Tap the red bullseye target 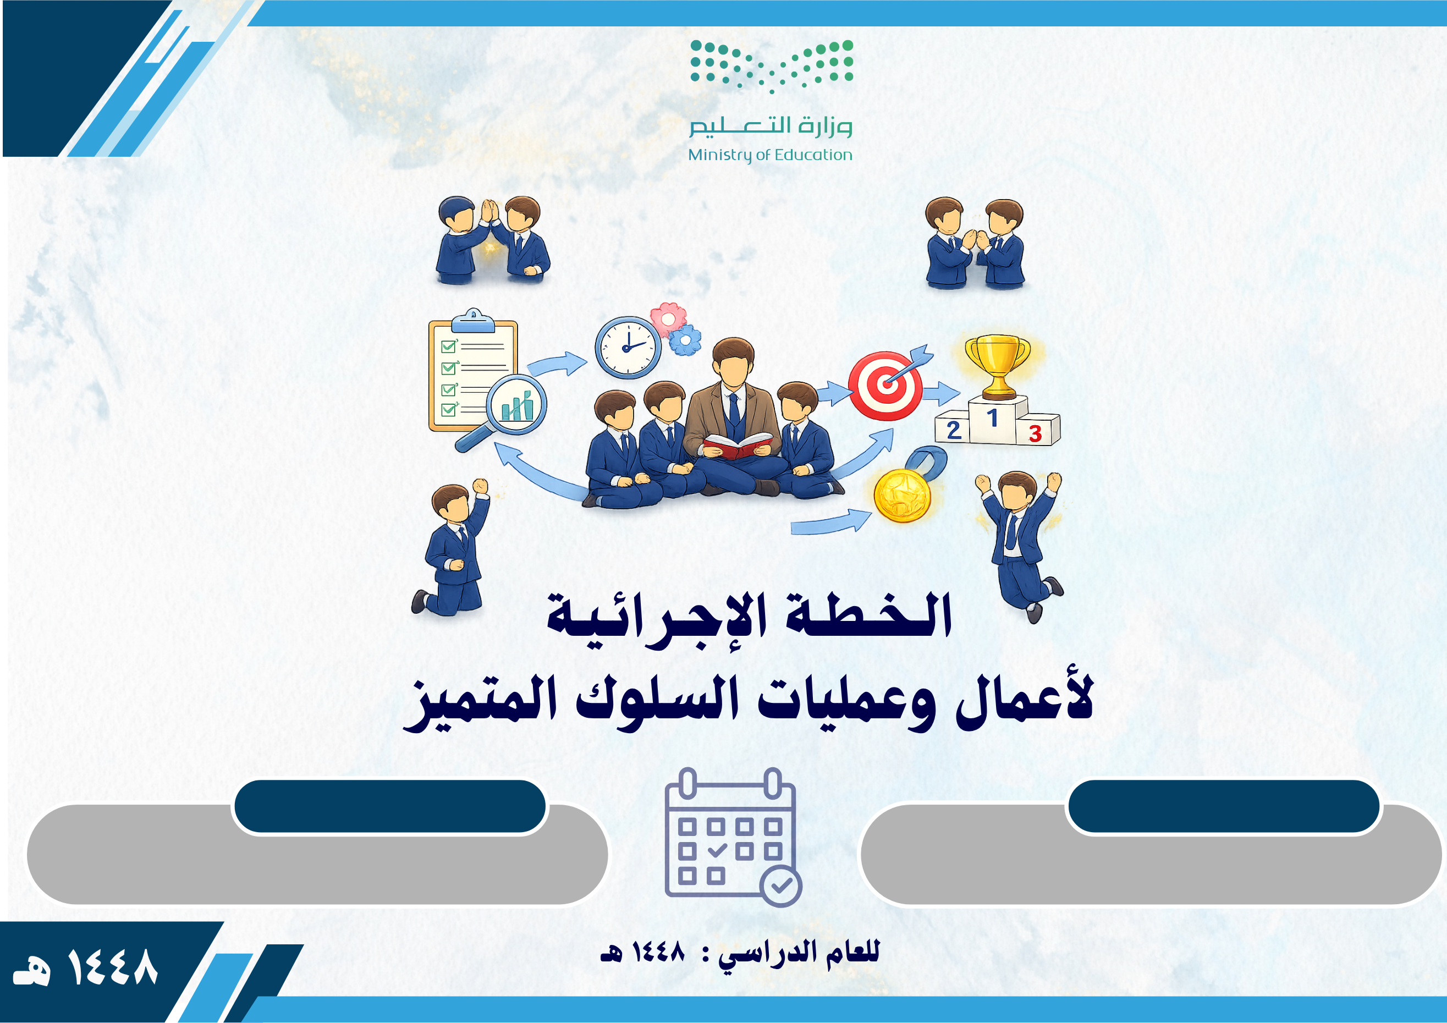point(885,386)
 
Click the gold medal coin point(903,496)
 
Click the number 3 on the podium point(1035,433)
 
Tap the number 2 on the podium point(954,431)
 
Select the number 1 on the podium point(993,417)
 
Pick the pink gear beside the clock point(668,318)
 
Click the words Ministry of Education point(769,155)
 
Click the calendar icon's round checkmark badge point(781,886)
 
